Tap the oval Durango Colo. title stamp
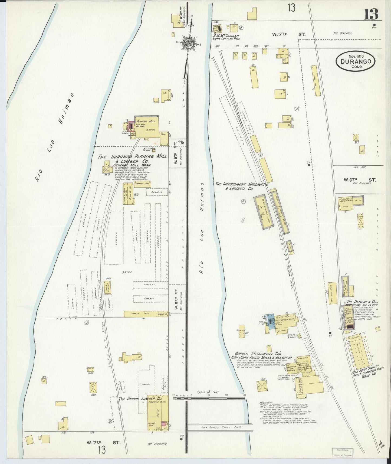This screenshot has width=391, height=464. (356, 62)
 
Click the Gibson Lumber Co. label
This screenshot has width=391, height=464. (140, 399)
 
